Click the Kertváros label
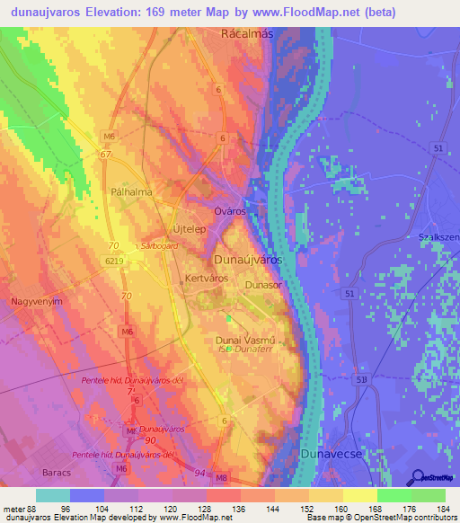207,279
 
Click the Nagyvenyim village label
36,303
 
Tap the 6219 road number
113,260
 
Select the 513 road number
360,380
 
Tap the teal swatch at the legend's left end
52,496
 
